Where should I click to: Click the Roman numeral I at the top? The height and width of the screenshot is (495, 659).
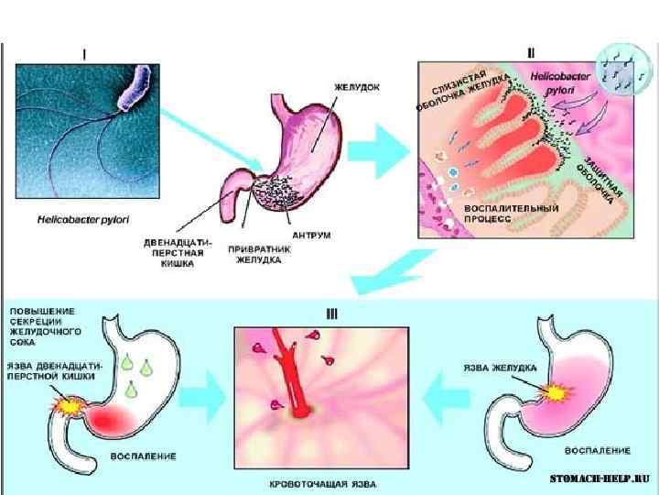pyautogui.click(x=85, y=54)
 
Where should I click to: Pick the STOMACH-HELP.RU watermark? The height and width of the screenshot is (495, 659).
pyautogui.click(x=600, y=478)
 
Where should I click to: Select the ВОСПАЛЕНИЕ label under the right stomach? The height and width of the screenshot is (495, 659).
pyautogui.click(x=597, y=451)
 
